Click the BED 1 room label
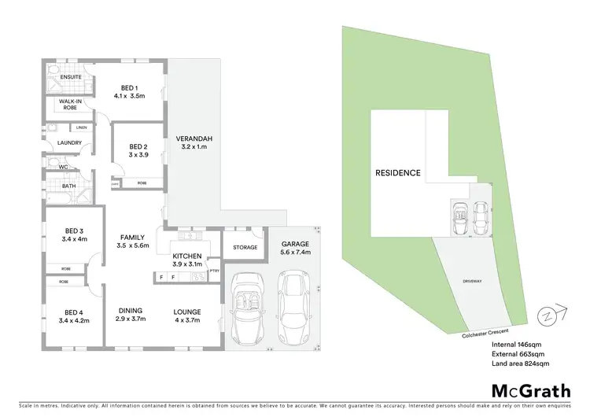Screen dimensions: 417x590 (130, 87)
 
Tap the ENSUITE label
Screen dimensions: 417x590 (60, 77)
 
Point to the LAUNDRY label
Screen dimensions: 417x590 (59, 142)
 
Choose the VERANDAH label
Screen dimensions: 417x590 (197, 138)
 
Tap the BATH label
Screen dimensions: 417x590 (58, 186)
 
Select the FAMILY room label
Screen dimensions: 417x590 (131, 237)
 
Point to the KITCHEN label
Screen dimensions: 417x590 (188, 256)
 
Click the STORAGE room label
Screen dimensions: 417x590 (245, 247)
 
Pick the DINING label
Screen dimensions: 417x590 (130, 310)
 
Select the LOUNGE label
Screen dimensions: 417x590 (188, 310)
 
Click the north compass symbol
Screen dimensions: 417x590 (545, 316)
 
